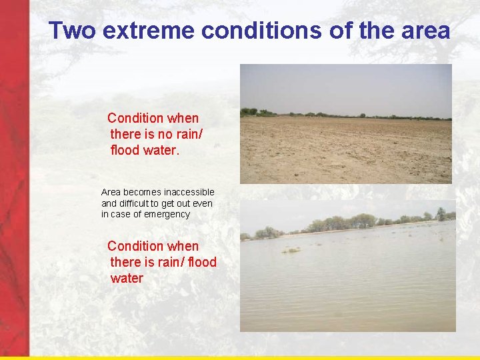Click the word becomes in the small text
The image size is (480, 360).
141,192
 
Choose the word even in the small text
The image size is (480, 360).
201,203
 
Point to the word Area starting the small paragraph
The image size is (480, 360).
111,192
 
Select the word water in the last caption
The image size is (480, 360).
127,278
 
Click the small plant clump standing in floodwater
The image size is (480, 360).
291,250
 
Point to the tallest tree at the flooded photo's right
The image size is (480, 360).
441,213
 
